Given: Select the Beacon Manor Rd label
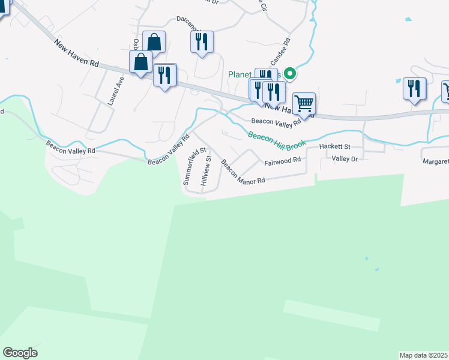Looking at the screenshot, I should coord(243,173).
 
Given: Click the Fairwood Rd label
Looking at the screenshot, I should coord(282,161).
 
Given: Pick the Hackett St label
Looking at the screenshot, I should coord(334,146).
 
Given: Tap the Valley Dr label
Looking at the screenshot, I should coord(345,159).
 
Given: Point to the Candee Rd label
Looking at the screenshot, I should coord(280,52).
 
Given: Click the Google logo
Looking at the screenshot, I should coord(20,353).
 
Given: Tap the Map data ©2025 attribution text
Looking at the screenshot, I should coord(424,355).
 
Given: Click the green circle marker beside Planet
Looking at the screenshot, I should coord(290,74).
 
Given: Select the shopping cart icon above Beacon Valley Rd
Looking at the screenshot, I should coord(304,103).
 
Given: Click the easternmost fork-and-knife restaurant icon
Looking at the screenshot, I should coord(415,88).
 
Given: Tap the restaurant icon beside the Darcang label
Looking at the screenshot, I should coord(202,41).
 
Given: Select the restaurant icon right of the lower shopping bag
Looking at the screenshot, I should coord(164,74).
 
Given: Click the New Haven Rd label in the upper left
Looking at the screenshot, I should coord(76,53).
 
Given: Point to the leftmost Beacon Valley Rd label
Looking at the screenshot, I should coord(71,147).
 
